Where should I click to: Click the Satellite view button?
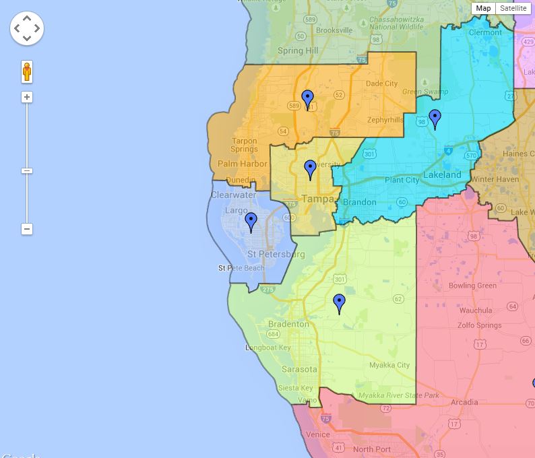click(513, 8)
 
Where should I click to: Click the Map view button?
click(483, 8)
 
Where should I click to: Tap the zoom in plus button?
click(27, 97)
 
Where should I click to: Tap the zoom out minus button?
click(27, 229)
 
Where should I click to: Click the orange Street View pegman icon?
click(27, 71)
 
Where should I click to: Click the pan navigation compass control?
click(27, 28)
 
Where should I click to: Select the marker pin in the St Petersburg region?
click(251, 222)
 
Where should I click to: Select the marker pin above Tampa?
click(310, 169)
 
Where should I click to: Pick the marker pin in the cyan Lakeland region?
click(435, 119)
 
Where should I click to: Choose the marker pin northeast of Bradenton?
click(340, 303)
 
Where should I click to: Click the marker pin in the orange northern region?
click(308, 99)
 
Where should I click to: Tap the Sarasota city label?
click(299, 369)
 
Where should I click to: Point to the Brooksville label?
click(334, 30)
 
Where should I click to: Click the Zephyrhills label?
click(385, 120)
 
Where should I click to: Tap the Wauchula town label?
click(476, 310)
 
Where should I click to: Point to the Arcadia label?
click(464, 402)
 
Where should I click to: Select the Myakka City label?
click(389, 365)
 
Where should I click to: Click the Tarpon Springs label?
click(244, 145)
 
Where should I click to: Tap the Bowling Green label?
click(472, 286)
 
